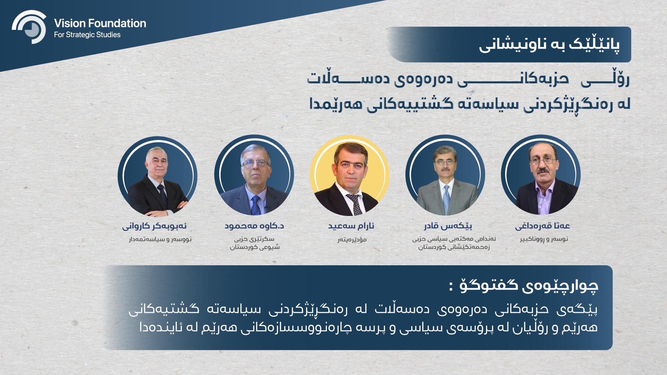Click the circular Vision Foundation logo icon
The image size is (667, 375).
[29, 27]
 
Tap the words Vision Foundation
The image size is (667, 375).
[100, 23]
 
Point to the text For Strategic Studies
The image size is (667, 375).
[87, 35]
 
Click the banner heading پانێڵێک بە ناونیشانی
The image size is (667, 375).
[549, 45]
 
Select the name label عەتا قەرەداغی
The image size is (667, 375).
[542, 226]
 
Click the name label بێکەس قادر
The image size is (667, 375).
[448, 226]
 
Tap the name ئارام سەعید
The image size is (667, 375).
[351, 226]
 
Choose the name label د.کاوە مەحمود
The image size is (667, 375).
[254, 226]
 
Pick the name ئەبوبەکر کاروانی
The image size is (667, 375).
[154, 226]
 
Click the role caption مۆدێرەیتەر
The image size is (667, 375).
[352, 240]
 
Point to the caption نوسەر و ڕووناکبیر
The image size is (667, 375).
[544, 239]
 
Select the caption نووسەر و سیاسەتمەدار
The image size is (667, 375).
[160, 239]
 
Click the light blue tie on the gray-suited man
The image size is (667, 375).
[446, 199]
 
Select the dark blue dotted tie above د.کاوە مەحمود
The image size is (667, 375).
[256, 205]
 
